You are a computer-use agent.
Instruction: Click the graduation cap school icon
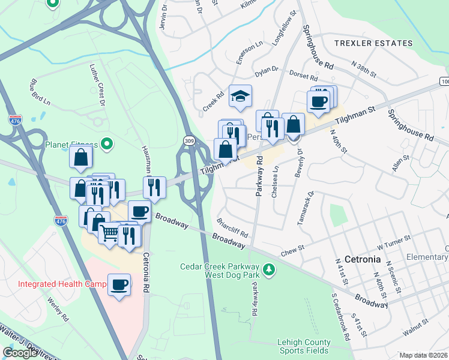pos(240,97)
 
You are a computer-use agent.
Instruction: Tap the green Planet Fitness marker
pos(107,144)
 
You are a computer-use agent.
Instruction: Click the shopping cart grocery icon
pos(109,232)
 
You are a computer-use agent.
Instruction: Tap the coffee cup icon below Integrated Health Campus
pos(119,284)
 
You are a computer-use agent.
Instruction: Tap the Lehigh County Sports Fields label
pos(304,347)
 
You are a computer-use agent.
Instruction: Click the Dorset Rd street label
pos(303,77)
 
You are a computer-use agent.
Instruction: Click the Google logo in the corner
pos(20,353)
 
